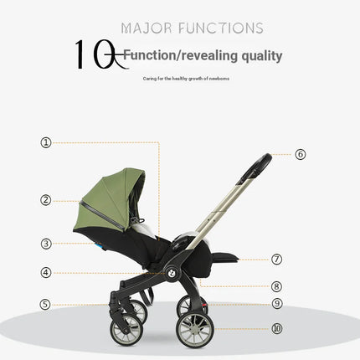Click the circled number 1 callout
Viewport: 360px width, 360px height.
(x=46, y=142)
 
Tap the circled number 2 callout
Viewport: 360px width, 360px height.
(x=46, y=200)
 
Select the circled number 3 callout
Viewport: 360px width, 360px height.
(x=46, y=244)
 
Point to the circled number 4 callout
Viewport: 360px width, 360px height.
(x=46, y=272)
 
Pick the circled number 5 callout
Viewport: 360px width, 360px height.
(x=46, y=304)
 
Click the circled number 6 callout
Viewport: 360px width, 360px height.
(x=301, y=154)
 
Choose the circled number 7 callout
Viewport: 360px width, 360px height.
(x=277, y=260)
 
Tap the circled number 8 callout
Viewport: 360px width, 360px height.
(x=277, y=285)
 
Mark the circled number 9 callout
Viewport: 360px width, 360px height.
(x=277, y=304)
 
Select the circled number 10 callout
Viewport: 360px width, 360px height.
(x=277, y=328)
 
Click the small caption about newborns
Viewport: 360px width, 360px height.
(x=187, y=79)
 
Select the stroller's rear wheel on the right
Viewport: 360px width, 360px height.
(x=194, y=329)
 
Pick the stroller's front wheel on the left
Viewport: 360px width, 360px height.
(x=126, y=331)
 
